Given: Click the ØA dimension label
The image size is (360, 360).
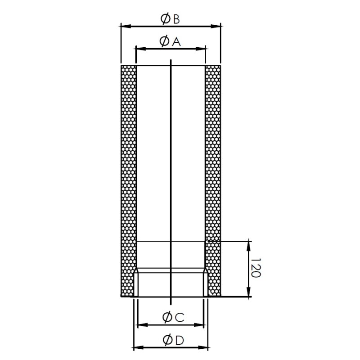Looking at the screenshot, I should (x=170, y=41).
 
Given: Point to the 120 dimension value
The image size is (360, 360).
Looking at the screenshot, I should (x=255, y=269).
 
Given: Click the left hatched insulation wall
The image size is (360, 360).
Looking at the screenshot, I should (x=129, y=180).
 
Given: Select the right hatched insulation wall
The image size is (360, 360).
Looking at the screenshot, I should (x=213, y=180).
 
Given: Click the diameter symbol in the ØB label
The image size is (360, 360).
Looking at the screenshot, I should (x=165, y=19).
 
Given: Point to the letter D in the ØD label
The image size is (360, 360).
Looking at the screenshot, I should (x=179, y=340).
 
